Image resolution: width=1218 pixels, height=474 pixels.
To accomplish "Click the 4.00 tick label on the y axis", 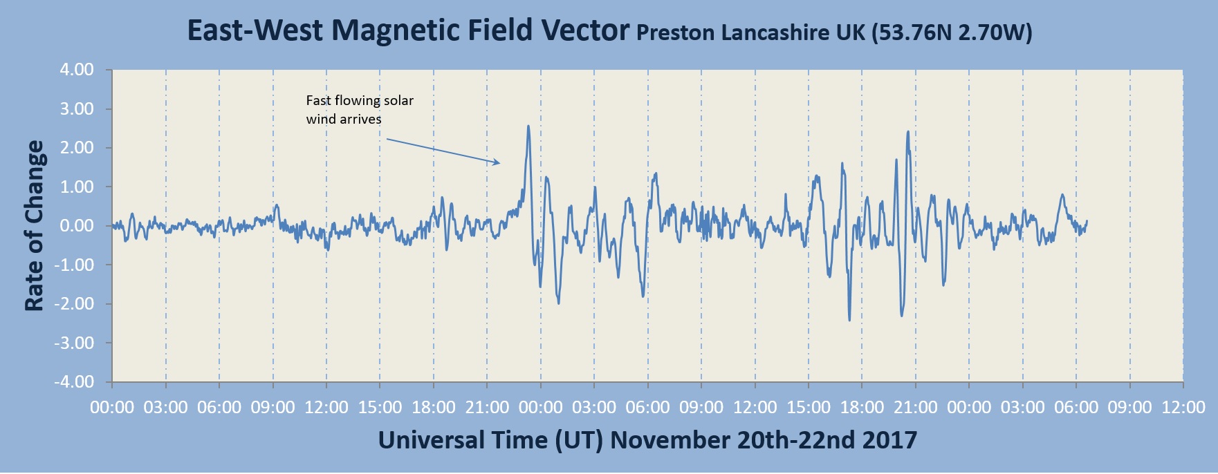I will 77,70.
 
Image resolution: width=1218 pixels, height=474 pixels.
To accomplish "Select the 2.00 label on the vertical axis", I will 77,148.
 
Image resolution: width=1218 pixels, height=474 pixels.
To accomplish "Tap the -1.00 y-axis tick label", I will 75,265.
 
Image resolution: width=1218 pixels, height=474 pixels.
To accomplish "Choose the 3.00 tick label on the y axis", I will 77,109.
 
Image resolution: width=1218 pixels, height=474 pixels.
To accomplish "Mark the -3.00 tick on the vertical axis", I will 75,343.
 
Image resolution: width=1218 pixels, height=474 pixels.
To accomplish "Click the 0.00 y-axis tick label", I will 77,226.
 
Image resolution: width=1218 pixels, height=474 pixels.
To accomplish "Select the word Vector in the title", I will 586,31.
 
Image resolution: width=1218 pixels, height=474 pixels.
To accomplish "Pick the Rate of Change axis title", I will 35,226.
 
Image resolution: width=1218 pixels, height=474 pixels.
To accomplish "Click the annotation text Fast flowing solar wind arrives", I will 360,109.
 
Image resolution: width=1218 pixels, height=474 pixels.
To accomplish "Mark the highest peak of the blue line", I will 528,126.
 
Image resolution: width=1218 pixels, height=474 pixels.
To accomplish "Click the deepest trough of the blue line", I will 849,320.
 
